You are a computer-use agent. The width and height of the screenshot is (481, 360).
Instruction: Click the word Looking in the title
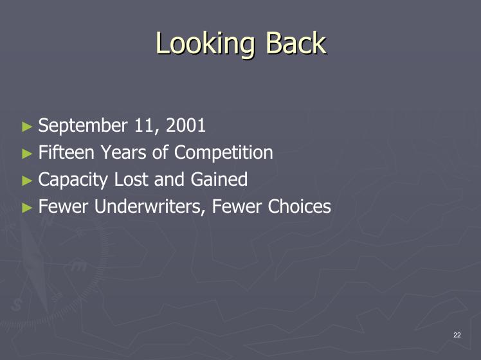coord(205,44)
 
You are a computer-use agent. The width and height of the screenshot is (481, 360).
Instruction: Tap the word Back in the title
coord(295,43)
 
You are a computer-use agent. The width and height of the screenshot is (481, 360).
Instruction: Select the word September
coord(83,126)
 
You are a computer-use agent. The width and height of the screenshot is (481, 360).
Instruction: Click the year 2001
coord(186,125)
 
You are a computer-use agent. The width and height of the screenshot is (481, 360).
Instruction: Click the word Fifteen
coord(66,152)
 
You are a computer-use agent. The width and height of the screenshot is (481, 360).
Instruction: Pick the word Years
coord(123,152)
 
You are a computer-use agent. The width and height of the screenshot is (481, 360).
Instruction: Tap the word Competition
coord(223,153)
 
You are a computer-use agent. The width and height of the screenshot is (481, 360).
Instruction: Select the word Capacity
coord(73,180)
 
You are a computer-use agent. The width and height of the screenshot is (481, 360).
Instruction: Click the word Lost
coord(131,179)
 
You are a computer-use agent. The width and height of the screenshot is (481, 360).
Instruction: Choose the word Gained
coord(219,179)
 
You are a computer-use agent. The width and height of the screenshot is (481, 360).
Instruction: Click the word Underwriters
coord(149,206)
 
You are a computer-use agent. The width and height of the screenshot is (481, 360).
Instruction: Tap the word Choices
coord(299,206)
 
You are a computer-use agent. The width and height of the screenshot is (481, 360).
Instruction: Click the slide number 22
coord(457,335)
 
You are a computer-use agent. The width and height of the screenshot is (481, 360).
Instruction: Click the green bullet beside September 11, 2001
coord(27,127)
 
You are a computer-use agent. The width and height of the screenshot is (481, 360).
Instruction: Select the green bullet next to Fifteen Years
coord(27,154)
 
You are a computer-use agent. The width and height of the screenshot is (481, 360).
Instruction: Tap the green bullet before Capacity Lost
coord(27,181)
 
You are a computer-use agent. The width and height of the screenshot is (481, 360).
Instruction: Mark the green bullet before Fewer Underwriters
coord(27,208)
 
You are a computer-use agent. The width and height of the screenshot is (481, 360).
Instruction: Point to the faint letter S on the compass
coord(16,305)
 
